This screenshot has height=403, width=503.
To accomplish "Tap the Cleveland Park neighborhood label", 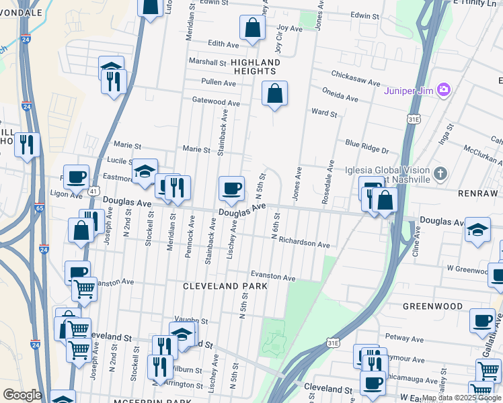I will pos(225,286).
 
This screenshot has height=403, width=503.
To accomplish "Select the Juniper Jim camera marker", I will pos(443,89).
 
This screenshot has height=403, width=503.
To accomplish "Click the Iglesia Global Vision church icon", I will pos(440,174).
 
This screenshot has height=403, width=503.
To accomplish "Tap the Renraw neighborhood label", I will pos(477,193).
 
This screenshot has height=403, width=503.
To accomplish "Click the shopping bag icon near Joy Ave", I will pos(251,28).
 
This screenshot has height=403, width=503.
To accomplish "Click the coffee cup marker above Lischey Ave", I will pos(231,189).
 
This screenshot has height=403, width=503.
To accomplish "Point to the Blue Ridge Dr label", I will pos(367,143).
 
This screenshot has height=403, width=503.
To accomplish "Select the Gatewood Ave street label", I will pos(216,103).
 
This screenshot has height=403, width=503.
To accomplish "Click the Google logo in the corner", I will pos(22,395).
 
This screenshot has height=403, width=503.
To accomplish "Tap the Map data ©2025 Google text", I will pos(461,398).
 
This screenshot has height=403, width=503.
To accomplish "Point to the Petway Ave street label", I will pos(402,337).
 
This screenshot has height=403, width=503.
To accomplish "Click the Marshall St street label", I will pos(207,62).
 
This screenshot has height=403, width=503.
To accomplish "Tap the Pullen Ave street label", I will pos(219,83).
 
